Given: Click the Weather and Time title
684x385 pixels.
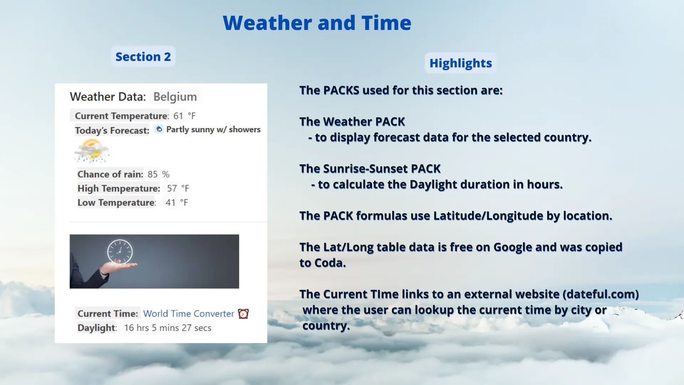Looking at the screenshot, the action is tap(317, 23).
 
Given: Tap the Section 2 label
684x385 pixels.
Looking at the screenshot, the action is tap(143, 56).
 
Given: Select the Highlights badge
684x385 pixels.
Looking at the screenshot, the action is tap(461, 63).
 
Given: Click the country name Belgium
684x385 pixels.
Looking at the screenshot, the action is tap(175, 97).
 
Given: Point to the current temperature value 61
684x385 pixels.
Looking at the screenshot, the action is tap(178, 116).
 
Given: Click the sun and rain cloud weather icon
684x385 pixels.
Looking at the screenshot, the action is tap(92, 151).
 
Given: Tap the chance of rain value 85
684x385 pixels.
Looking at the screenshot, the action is tap(152, 174).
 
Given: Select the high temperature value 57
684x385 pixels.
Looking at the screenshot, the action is tap(172, 188).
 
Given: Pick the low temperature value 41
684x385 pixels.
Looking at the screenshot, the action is tap(171, 202).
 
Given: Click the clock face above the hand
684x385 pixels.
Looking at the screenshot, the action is tap(120, 252).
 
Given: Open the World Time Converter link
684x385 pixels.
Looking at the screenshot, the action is tap(188, 314).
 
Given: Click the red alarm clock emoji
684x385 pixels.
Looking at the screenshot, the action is tap(243, 314).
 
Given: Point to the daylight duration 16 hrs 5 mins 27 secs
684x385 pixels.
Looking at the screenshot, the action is tap(167, 328).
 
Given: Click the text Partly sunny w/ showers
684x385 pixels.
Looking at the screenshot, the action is tap(213, 129).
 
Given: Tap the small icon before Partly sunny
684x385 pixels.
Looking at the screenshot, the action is tap(159, 129).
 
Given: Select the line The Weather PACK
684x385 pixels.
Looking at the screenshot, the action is tap(352, 122).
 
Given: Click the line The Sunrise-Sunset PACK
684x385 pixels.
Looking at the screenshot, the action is tap(370, 169).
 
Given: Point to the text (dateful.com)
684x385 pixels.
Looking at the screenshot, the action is tap(601, 294).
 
